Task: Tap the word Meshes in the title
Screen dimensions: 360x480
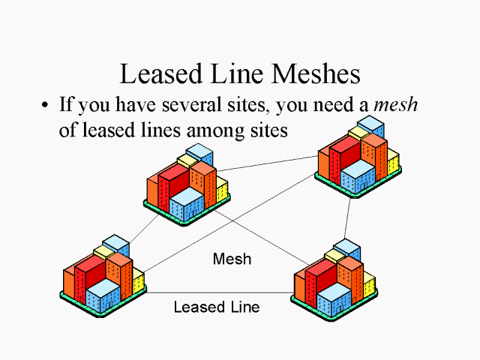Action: (x=316, y=74)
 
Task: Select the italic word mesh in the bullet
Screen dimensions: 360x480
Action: (x=396, y=105)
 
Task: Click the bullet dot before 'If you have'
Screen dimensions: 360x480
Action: (x=46, y=105)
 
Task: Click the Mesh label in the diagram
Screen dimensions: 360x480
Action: (x=232, y=259)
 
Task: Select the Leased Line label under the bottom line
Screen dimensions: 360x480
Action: (x=216, y=307)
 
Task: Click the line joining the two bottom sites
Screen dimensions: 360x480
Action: (x=217, y=292)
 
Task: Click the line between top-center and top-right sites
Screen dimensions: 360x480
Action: (x=266, y=163)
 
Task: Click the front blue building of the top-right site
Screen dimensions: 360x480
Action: (x=358, y=175)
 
